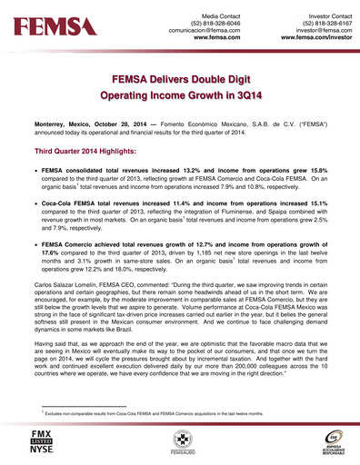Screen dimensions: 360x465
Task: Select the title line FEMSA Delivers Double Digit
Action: point(180,80)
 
